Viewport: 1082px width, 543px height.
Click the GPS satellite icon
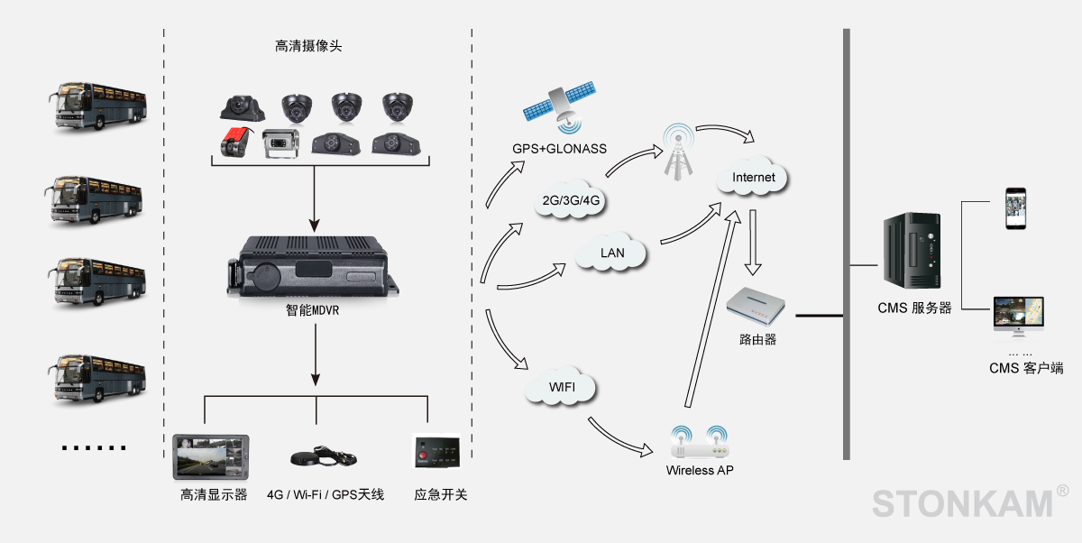click(x=560, y=106)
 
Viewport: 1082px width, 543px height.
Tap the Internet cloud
click(x=753, y=178)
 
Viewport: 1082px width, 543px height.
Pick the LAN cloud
click(x=612, y=253)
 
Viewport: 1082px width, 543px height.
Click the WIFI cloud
click(x=560, y=388)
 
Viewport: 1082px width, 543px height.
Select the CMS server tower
click(x=912, y=256)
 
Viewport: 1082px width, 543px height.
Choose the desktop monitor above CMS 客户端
click(x=1018, y=318)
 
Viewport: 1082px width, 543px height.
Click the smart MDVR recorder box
click(x=314, y=266)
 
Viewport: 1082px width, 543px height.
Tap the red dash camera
click(x=234, y=142)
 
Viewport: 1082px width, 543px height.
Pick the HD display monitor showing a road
click(x=210, y=458)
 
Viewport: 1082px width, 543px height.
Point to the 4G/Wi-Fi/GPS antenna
click(x=323, y=455)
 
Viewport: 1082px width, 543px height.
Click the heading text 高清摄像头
click(x=308, y=46)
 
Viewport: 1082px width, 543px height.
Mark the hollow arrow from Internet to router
click(x=755, y=244)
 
